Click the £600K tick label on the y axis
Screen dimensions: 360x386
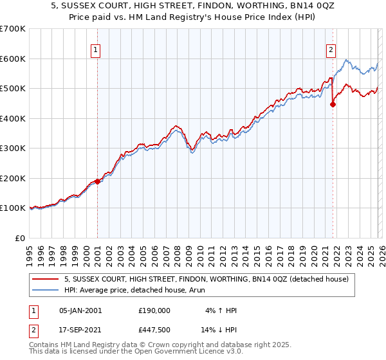point(12,59)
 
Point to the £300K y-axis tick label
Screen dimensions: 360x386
point(12,148)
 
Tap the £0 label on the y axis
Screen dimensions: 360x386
point(20,238)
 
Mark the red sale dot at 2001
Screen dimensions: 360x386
point(98,181)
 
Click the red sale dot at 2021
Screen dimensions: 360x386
point(333,105)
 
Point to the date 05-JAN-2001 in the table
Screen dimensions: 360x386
point(80,310)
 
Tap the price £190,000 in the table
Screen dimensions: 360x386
point(154,310)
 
